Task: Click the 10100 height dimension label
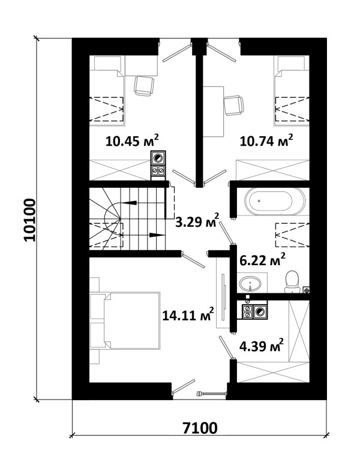29,220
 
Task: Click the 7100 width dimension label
200,428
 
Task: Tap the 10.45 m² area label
132,140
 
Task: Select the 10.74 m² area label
266,140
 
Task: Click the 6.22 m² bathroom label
262,260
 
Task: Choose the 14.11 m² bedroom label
188,314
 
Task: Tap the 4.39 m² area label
261,346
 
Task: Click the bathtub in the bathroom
275,202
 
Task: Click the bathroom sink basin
250,284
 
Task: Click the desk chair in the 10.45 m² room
144,85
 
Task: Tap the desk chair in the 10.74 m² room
233,105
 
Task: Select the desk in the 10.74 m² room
213,112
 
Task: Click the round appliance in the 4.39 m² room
260,311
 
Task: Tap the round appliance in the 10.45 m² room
158,158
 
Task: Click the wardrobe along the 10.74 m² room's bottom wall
272,170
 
